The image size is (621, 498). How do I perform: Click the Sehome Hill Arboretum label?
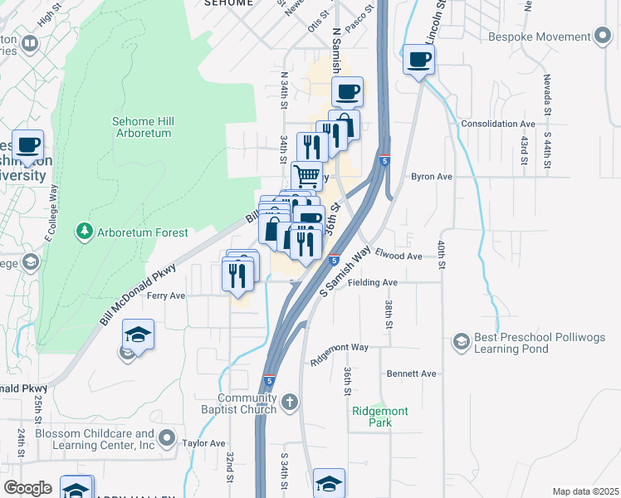point(141,127)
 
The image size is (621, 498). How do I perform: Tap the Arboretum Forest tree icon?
point(83,232)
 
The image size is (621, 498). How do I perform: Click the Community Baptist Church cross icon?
point(289,403)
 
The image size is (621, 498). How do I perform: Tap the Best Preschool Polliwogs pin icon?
point(461,340)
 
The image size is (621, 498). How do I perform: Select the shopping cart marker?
point(307,176)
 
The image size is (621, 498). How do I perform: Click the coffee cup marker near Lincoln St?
point(419,60)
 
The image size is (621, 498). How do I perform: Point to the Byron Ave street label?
point(432,177)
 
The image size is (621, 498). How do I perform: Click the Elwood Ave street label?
point(399,256)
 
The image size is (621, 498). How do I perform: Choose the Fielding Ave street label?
point(374,282)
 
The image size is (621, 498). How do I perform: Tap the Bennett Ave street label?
point(417,373)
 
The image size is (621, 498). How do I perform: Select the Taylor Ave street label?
point(204,444)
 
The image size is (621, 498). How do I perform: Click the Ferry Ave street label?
point(166,295)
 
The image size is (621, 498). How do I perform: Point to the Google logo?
point(28,488)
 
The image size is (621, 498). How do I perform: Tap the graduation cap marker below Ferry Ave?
point(139,334)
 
